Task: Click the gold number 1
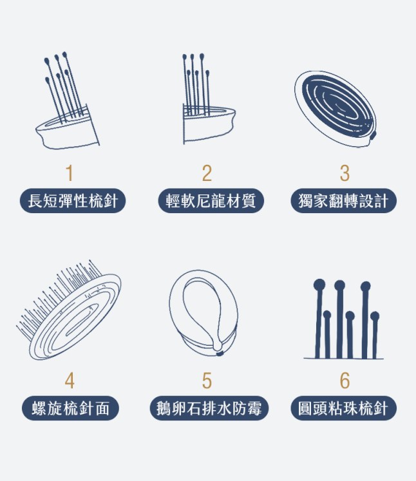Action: [x=70, y=173]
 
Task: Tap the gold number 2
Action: [x=207, y=173]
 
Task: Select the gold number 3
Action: [x=345, y=173]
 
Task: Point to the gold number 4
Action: [x=70, y=381]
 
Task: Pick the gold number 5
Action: [x=207, y=381]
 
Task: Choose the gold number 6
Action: [x=345, y=381]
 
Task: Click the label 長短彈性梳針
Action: [x=73, y=201]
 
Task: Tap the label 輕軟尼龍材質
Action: [x=211, y=201]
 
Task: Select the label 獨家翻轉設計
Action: [x=344, y=201]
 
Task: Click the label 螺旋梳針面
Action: [x=70, y=408]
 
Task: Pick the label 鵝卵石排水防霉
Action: [x=209, y=408]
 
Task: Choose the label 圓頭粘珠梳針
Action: [x=344, y=408]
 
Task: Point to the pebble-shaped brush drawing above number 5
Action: [x=203, y=313]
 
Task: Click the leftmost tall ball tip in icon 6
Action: [x=319, y=285]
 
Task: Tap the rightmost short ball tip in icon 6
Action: [x=375, y=316]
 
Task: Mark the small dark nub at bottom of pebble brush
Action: [x=220, y=354]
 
